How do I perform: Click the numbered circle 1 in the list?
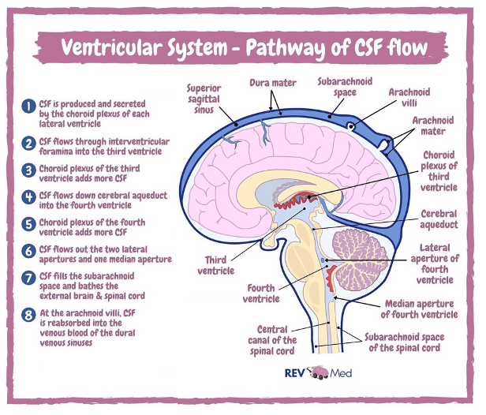pos(28,105)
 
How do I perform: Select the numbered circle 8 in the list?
pos(28,312)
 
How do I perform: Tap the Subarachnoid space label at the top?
pos(340,87)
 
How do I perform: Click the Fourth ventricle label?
pos(261,293)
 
